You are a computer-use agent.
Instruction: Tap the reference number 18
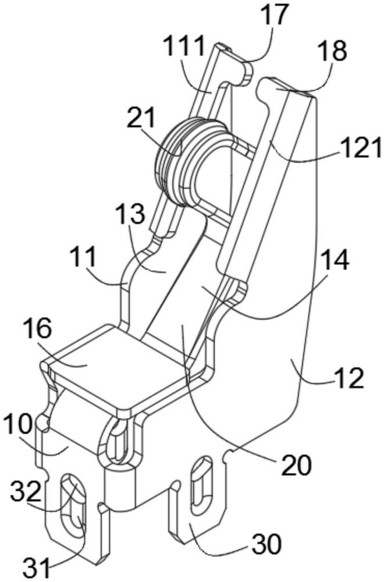[x=333, y=51]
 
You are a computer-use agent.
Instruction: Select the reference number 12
[x=350, y=378]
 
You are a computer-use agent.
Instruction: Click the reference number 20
[x=296, y=466]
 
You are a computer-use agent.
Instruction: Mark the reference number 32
[x=25, y=492]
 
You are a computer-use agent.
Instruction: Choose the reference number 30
[x=266, y=544]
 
